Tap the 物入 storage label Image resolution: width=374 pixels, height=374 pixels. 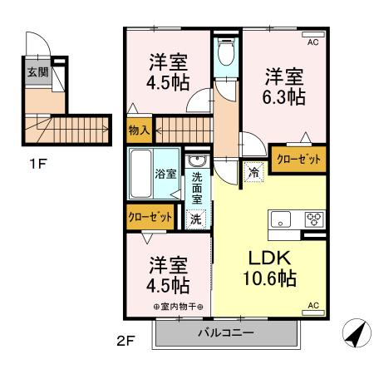[139, 130]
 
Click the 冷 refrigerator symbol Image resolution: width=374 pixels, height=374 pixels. [251, 172]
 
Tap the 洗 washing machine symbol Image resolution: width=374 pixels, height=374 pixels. [196, 219]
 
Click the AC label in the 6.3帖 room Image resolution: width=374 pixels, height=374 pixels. [313, 41]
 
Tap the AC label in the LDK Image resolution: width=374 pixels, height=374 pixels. [313, 306]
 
